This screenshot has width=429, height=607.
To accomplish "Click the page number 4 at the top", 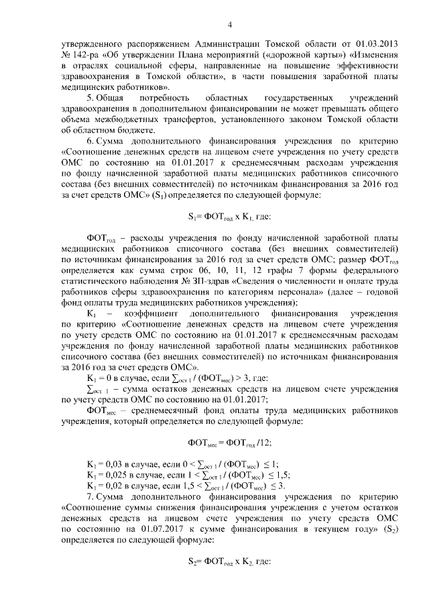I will pyautogui.click(x=229, y=25).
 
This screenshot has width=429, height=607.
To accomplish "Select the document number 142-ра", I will pyautogui.click(x=84, y=54).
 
